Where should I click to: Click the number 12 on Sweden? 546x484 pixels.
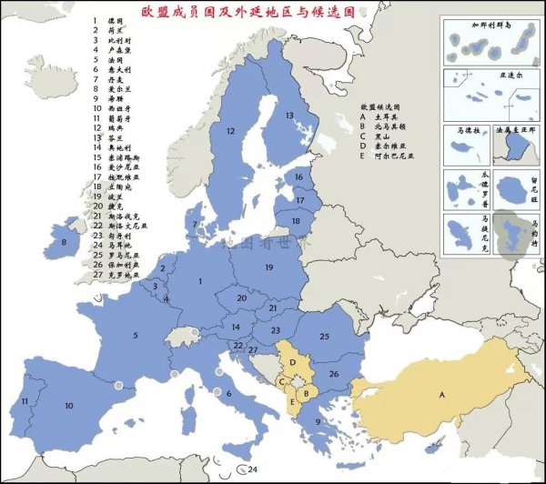[230, 132]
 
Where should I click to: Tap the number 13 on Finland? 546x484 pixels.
[289, 116]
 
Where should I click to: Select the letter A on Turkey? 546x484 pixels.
[442, 395]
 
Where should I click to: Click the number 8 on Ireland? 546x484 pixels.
[63, 242]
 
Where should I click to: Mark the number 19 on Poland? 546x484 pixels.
[268, 268]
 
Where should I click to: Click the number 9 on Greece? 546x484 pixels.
[317, 421]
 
